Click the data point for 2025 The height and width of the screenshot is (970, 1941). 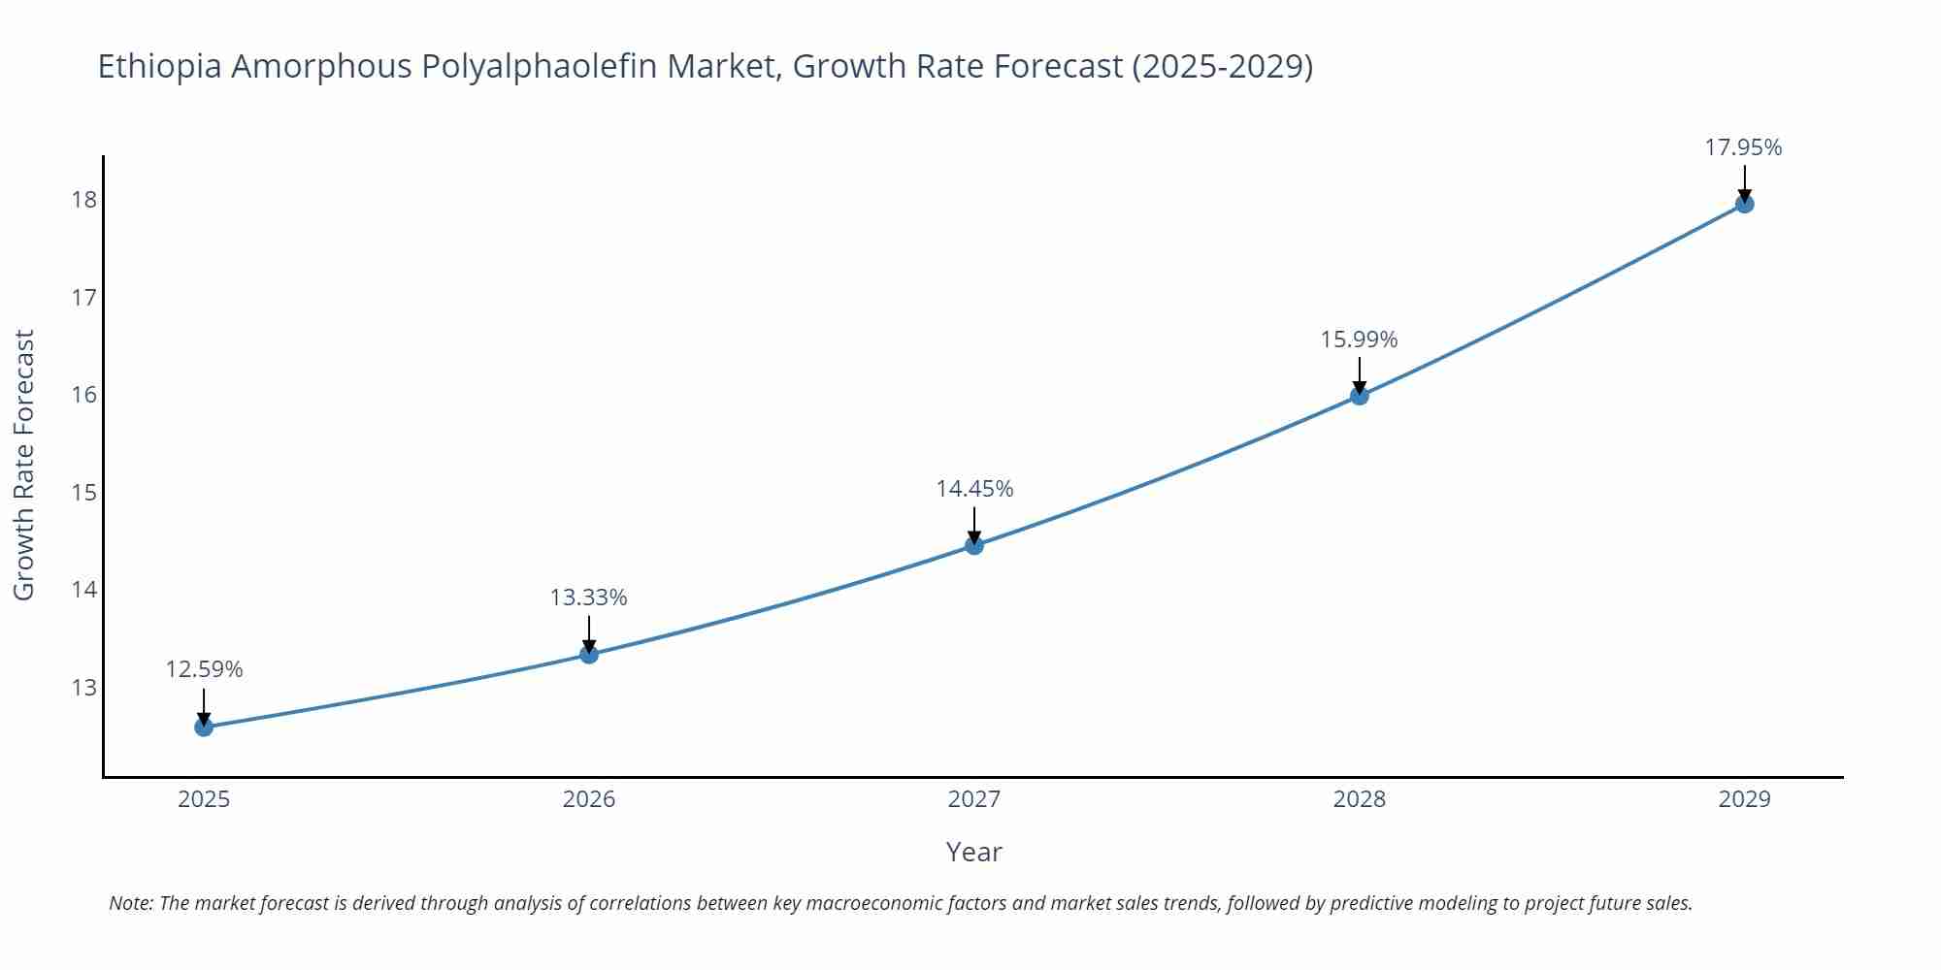pos(204,727)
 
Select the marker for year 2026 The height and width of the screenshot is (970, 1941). pos(589,654)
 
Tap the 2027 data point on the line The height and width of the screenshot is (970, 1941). pos(974,545)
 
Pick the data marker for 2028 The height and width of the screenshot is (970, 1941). pos(1360,395)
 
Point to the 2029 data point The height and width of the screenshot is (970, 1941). pos(1744,204)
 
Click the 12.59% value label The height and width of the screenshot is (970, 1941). pos(204,669)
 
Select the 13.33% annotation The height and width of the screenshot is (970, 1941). pos(589,598)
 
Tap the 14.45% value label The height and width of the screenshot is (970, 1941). pos(974,489)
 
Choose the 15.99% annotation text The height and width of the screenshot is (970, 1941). pos(1359,339)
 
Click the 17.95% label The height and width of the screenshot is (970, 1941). pos(1743,147)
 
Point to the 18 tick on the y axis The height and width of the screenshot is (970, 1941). pos(84,200)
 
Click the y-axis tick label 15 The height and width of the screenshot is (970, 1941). pos(84,493)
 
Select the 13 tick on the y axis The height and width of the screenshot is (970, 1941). pos(84,688)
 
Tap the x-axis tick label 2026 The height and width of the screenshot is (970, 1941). pos(589,799)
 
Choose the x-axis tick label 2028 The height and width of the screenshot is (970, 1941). pos(1359,799)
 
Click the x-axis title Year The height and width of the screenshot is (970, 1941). pos(973,852)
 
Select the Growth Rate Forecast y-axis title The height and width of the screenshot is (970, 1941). pos(24,465)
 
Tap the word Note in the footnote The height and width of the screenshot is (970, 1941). pos(130,903)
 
